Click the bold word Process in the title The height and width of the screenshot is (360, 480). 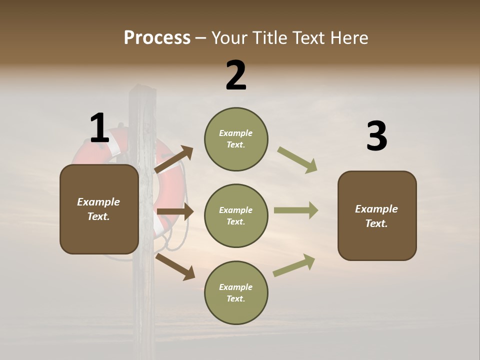tap(157, 38)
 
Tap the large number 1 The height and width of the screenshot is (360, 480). tap(99, 128)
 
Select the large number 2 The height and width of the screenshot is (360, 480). tap(236, 76)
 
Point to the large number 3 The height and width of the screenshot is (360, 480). tap(376, 137)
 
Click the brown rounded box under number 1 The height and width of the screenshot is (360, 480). tap(99, 209)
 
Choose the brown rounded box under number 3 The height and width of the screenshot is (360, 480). tap(377, 215)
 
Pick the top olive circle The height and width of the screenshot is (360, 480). tap(236, 139)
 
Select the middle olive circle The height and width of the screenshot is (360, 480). tap(236, 215)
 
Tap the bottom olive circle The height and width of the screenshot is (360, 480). tap(236, 292)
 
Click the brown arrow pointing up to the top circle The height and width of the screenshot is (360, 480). tap(174, 160)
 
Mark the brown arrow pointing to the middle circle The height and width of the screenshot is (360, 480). tap(175, 212)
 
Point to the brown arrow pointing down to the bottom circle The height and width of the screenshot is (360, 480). tap(175, 266)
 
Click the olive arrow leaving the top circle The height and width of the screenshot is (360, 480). tap(297, 160)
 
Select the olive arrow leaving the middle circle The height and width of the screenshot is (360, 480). tap(296, 210)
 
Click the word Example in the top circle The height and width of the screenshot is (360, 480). tap(236, 133)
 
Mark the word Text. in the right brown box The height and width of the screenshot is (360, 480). tap(376, 223)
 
